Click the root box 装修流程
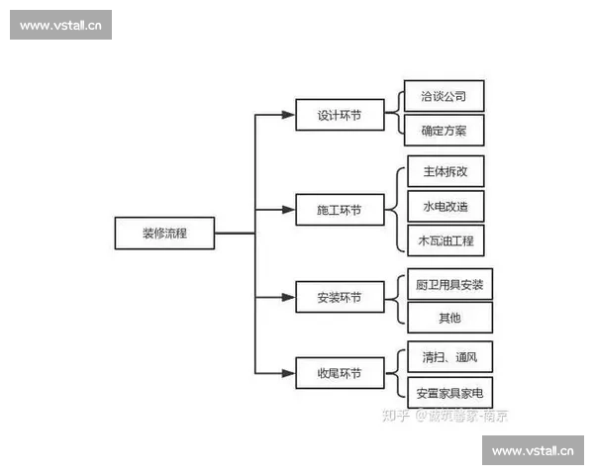(x=164, y=234)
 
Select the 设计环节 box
(x=340, y=115)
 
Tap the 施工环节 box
(x=340, y=211)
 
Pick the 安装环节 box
(x=340, y=297)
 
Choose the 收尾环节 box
(x=340, y=373)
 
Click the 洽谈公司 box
(x=444, y=97)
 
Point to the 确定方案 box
(x=444, y=130)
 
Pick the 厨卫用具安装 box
(x=449, y=284)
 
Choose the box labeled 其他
(x=449, y=318)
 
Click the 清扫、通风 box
(x=449, y=356)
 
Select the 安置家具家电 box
(x=449, y=390)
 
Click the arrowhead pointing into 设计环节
(x=291, y=115)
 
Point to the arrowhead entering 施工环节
(x=291, y=211)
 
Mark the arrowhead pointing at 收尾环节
(x=291, y=373)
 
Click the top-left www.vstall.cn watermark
(x=62, y=25)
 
